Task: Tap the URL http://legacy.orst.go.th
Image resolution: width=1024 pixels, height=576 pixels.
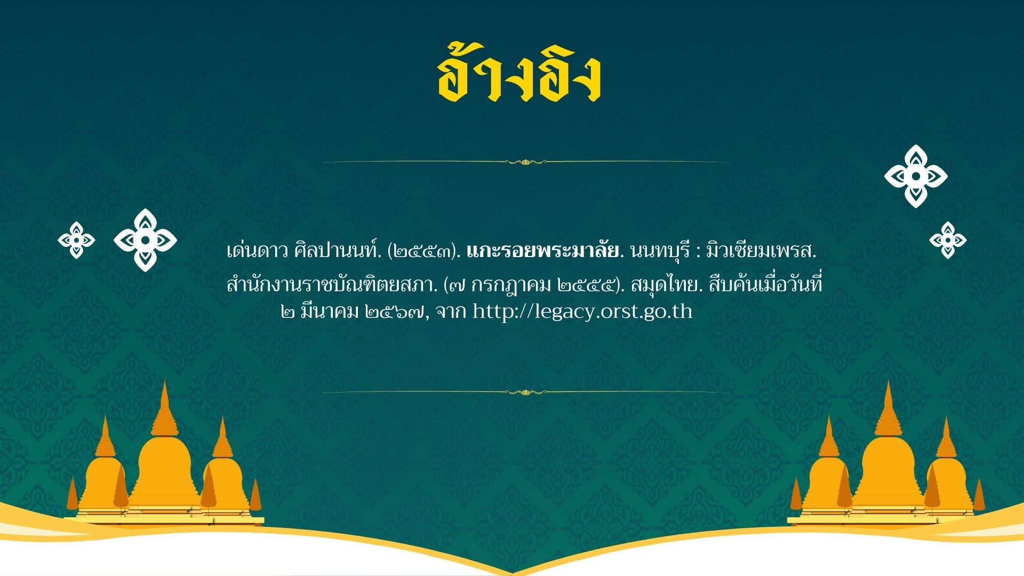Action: coord(582,311)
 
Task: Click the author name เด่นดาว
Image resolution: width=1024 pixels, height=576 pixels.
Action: coord(258,251)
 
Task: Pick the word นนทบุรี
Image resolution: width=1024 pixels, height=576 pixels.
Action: coord(661,251)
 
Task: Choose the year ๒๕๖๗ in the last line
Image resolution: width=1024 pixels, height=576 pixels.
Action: coord(396,311)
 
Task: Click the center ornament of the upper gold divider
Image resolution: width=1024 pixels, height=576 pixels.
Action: coord(525,162)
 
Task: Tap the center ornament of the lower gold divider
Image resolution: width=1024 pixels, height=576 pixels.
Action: coord(525,393)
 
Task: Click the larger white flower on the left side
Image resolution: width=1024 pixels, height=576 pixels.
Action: coord(145,241)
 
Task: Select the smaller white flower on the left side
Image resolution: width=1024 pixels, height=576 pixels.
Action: coord(76,241)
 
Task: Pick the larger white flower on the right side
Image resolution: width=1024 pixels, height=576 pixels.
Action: coord(916,176)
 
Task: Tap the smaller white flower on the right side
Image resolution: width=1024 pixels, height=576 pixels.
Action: coord(948,241)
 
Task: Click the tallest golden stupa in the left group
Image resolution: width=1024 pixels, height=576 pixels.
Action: coord(164,453)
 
